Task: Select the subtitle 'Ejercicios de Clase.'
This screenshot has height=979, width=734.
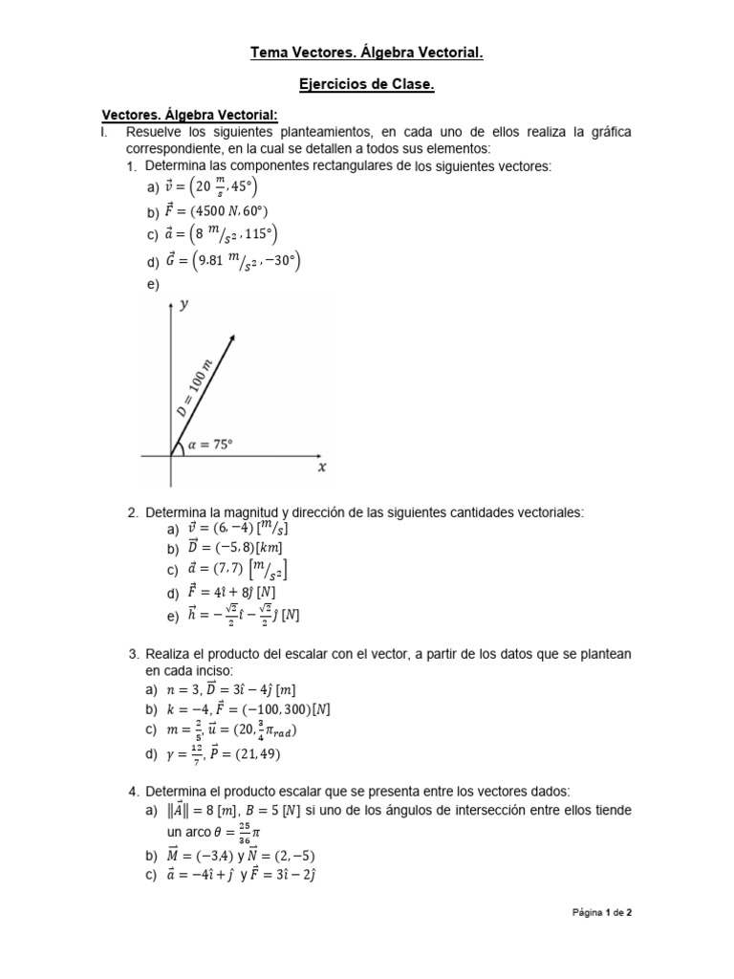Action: (367, 85)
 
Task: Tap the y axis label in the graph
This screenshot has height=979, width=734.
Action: (183, 305)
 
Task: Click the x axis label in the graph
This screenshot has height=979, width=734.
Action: (322, 467)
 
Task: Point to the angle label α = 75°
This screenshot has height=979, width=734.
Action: (211, 444)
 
